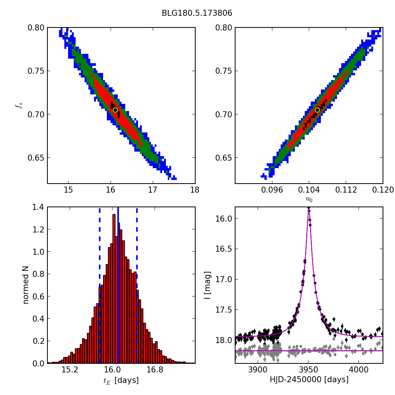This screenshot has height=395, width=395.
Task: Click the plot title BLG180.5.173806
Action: tap(197, 13)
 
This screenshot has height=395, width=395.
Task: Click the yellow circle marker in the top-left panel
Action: tap(115, 110)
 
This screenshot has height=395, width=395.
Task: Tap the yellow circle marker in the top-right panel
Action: tap(317, 110)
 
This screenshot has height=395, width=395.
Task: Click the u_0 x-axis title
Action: tap(309, 199)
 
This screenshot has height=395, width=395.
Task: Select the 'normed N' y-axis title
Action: tap(26, 285)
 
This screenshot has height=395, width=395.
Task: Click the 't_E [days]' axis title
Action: tap(121, 380)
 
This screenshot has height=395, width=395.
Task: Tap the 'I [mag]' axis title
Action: tap(207, 285)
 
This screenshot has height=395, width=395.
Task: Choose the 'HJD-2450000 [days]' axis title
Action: tap(309, 380)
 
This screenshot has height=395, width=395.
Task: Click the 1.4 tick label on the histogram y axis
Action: tap(38, 207)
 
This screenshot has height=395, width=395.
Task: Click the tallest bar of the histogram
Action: tap(114, 286)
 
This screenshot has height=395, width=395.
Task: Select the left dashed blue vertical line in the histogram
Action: tap(99, 286)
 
